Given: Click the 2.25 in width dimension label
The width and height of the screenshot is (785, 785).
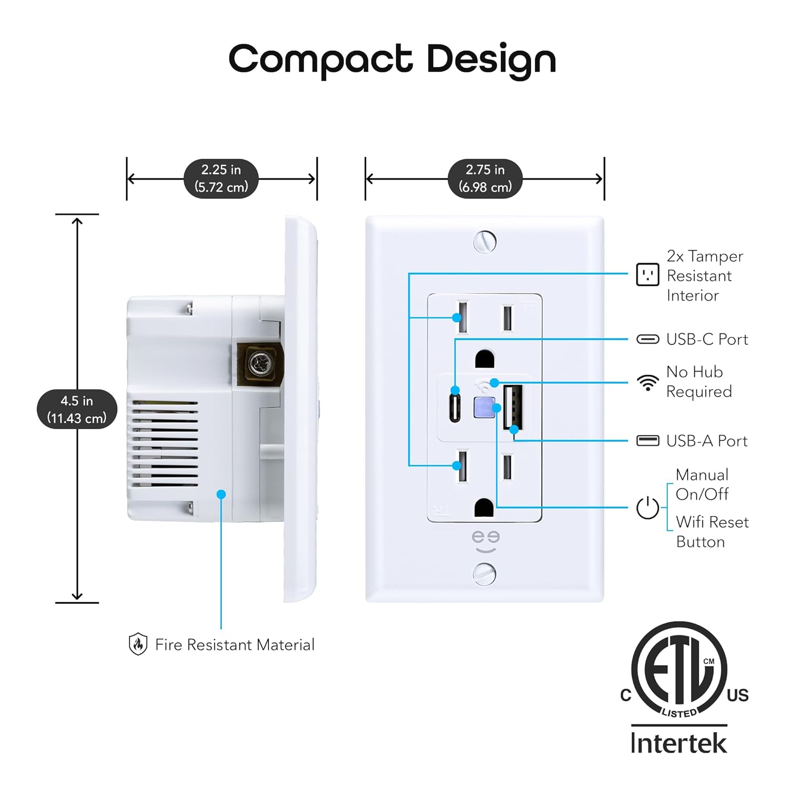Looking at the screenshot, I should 221,178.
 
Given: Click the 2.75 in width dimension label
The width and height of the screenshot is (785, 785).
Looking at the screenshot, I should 485,178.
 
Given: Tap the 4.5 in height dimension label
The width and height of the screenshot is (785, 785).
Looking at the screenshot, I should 77,409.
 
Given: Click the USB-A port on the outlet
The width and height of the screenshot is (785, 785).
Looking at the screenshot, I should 513,408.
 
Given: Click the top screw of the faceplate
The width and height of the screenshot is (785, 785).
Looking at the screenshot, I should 485,242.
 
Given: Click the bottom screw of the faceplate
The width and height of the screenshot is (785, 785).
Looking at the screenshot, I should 485,574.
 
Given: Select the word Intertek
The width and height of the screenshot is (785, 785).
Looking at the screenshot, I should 679,743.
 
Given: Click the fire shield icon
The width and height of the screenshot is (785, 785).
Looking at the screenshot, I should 138,644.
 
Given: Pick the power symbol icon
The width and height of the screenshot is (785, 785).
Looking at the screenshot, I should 647,508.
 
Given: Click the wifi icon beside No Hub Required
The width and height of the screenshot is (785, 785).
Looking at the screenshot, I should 648,383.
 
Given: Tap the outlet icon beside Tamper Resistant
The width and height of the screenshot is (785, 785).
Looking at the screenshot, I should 647,275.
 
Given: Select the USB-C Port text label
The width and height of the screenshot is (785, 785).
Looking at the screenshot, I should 707,340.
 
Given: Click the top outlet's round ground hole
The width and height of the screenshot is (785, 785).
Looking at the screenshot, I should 485,360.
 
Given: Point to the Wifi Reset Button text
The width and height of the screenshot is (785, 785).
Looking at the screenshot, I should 712,532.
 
